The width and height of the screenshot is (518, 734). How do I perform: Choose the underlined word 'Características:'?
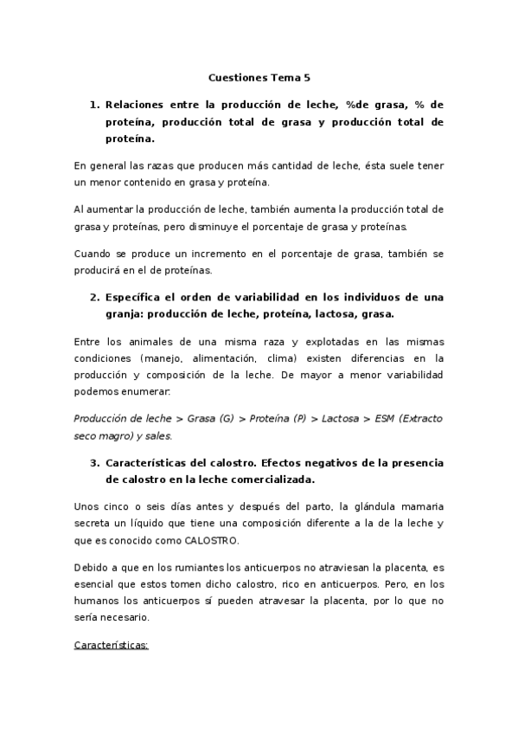tap(112, 646)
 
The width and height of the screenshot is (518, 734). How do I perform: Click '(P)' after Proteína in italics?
tap(299, 418)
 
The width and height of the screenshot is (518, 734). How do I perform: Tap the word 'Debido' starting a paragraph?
tap(93, 567)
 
